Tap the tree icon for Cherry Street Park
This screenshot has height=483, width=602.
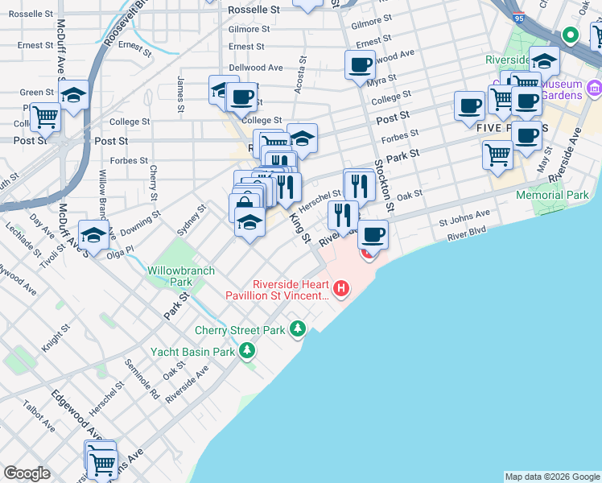pos(299,328)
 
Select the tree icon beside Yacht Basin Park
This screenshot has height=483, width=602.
pos(247,350)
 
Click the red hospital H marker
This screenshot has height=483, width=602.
pos(342,287)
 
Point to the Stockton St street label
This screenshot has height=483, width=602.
pos(384,186)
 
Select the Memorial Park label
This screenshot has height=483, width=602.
pos(552,195)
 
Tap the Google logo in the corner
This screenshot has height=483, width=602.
pos(27,473)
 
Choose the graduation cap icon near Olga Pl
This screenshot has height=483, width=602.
pos(94,235)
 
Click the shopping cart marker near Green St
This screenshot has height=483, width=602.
pos(46,117)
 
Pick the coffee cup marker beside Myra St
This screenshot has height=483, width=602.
pos(360,64)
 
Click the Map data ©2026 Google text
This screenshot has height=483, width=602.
pos(551,477)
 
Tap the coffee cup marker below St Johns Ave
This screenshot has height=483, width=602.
pos(373,235)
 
